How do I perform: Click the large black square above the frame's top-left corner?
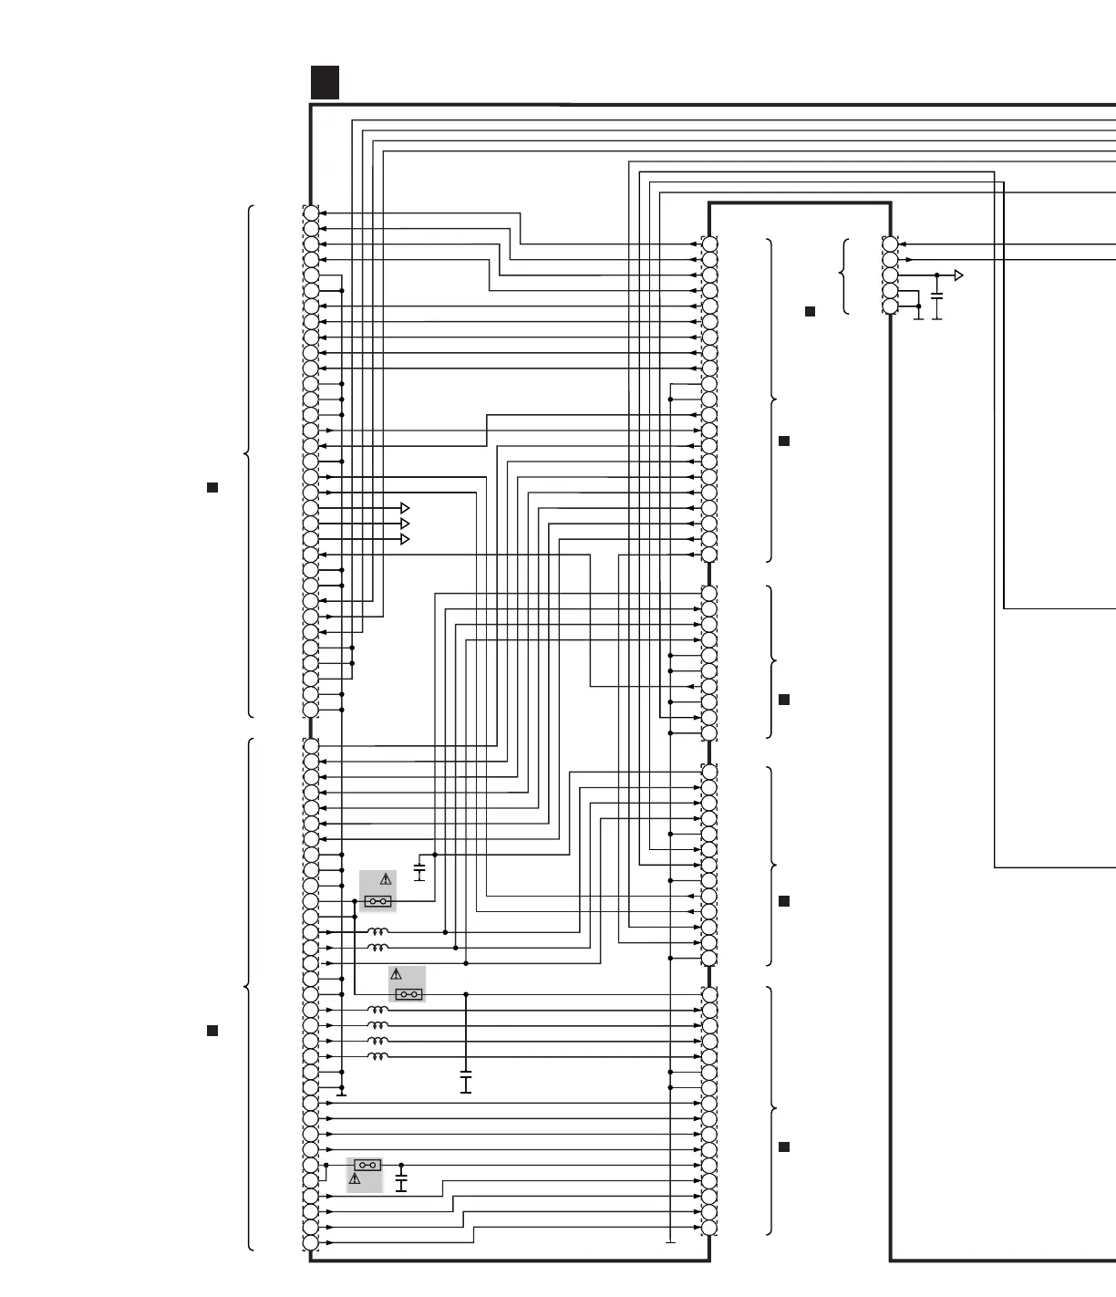(x=325, y=82)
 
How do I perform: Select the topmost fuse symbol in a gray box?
(x=377, y=901)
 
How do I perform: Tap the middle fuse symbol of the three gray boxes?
(x=408, y=994)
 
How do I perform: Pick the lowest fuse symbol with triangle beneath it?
(x=367, y=1165)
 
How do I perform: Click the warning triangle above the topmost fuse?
(x=386, y=880)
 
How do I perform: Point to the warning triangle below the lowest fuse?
(x=355, y=1179)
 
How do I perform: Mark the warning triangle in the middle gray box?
(x=396, y=975)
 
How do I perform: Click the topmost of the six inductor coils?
(x=377, y=932)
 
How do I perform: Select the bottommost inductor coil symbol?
(x=377, y=1056)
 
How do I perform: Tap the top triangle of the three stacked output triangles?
(x=405, y=508)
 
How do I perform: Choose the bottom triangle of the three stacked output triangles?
(x=405, y=539)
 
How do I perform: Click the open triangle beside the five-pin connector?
(x=958, y=275)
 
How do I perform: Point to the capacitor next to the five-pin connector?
(x=937, y=297)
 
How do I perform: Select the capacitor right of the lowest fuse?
(x=401, y=1182)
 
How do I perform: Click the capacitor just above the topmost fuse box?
(x=419, y=872)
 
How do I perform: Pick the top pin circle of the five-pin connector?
(x=890, y=244)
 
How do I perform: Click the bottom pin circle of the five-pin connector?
(x=890, y=306)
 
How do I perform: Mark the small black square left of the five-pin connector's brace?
(x=810, y=312)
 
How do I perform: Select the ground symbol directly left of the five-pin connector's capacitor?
(x=918, y=316)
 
